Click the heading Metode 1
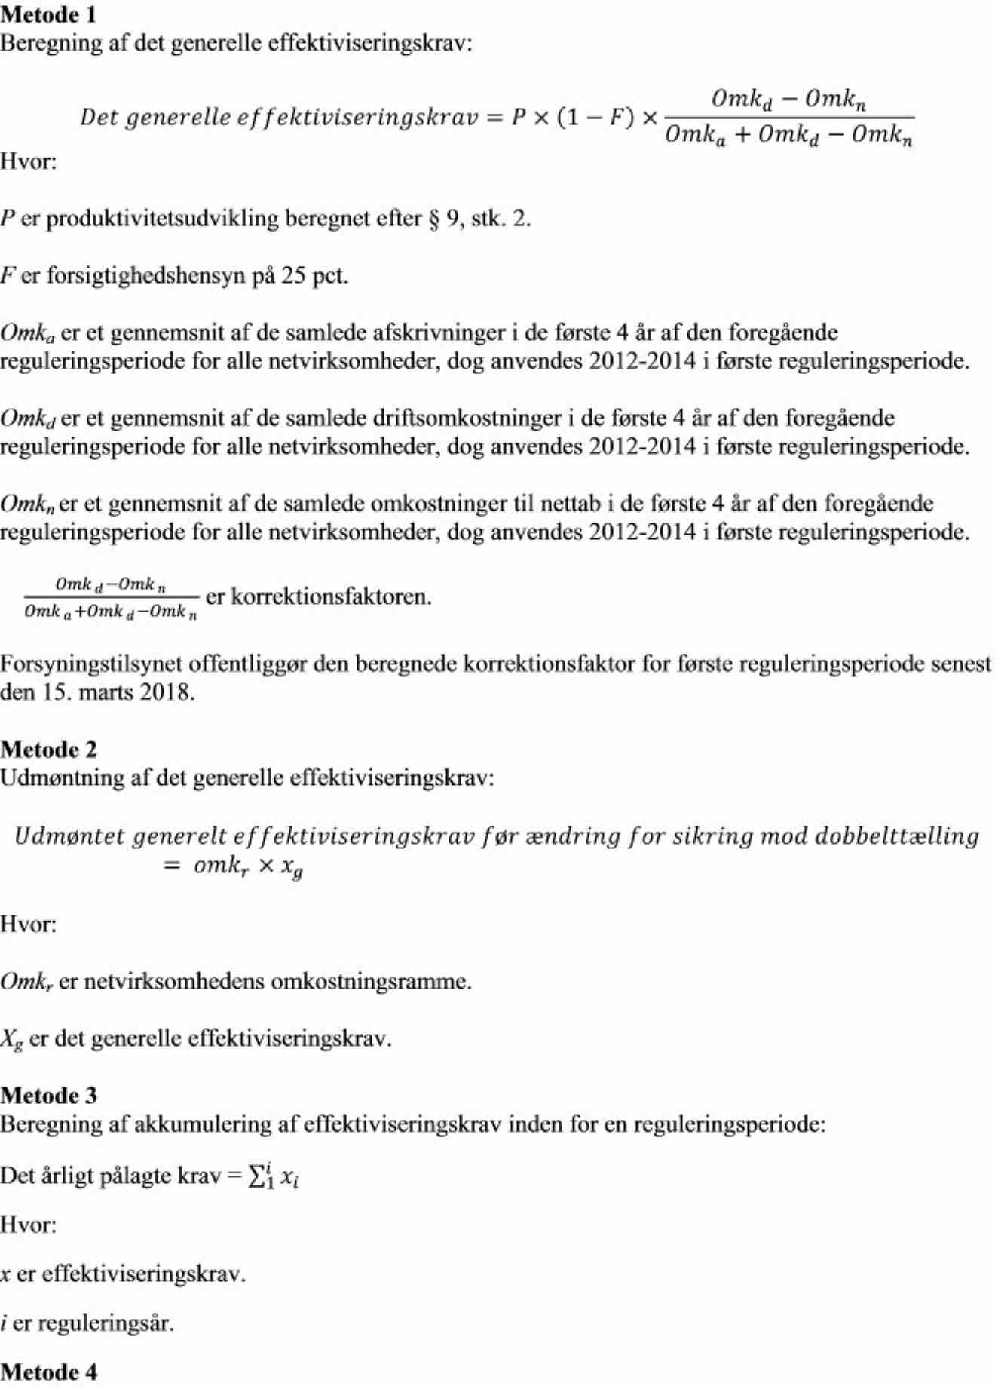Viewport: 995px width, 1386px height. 48,14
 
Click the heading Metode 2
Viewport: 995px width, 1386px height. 48,749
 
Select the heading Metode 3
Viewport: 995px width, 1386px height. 48,1095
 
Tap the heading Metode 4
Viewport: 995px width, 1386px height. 48,1372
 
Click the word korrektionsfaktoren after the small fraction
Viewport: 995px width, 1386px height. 332,597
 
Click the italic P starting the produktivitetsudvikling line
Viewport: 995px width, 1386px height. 8,219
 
